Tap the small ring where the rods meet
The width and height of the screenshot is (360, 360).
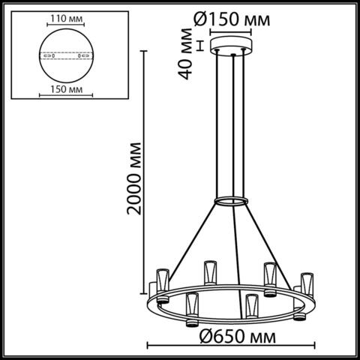(233, 201)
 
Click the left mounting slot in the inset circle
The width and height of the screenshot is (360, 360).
(46, 55)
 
